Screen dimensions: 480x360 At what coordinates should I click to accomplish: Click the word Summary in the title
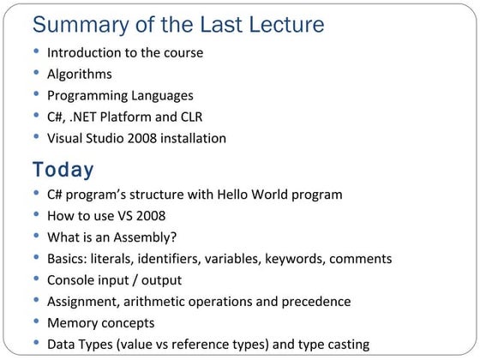pos(81,25)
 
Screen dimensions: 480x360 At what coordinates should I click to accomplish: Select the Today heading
pos(63,170)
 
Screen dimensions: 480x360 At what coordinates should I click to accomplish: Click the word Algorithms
pos(80,75)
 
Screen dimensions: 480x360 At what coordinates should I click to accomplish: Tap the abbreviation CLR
pos(192,117)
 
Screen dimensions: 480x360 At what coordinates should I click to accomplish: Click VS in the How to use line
pos(125,216)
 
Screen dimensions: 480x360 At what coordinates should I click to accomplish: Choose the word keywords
pos(295,259)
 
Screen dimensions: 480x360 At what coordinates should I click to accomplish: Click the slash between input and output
pos(135,280)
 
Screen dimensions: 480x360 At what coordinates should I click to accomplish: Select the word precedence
pos(316,302)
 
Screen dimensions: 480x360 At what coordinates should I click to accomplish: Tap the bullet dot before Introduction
pos(36,51)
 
